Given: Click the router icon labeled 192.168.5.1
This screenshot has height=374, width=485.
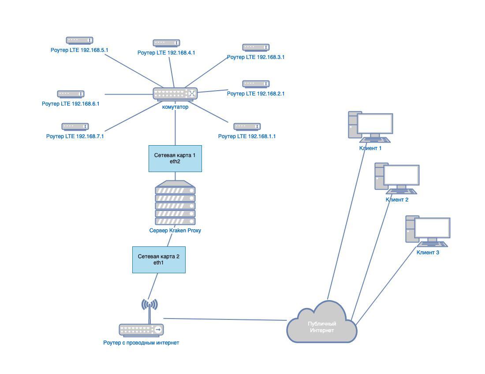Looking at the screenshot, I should tap(79, 40).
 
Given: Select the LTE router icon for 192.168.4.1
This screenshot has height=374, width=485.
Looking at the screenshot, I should tap(166, 43).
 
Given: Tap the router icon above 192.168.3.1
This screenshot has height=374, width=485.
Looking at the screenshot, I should tap(256, 48).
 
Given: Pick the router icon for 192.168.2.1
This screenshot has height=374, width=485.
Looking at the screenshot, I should tap(256, 84).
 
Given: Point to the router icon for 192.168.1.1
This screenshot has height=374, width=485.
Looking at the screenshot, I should tap(247, 127).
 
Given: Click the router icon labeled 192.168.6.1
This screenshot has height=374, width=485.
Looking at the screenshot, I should tap(71, 94).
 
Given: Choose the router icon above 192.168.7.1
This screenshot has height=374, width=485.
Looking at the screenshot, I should tap(75, 127).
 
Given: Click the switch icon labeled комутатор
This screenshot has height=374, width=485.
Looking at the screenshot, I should tap(175, 93).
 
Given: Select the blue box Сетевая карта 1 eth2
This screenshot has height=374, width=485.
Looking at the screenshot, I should tap(175, 158).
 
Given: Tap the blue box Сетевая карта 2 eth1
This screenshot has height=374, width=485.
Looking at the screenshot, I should tap(159, 260).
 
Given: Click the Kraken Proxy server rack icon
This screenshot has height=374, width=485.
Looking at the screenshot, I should tap(175, 203).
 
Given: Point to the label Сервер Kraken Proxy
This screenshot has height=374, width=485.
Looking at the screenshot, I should tap(175, 231).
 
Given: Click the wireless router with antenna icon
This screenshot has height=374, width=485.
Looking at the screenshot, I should tap(141, 323).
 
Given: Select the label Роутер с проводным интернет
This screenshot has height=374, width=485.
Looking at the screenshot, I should tap(141, 343).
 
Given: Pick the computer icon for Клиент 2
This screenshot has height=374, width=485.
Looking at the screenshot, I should tap(397, 178).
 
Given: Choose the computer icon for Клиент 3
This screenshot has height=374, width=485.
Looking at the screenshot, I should tap(428, 231).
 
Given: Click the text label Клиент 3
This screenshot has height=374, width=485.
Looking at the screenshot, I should tap(428, 253).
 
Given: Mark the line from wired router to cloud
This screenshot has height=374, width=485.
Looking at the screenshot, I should tap(225, 319).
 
